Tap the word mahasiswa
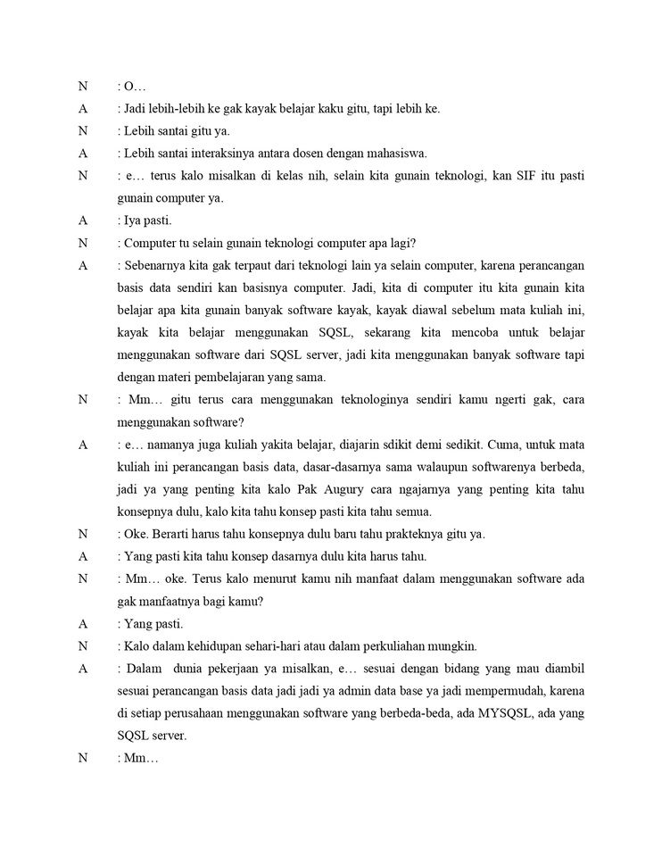[390, 153]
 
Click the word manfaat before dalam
[332, 578]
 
